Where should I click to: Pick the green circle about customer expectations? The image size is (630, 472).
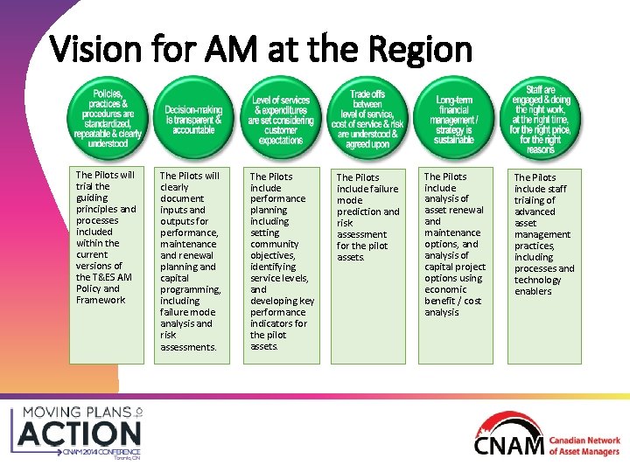point(280,119)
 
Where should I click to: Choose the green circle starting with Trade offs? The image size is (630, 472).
point(367,119)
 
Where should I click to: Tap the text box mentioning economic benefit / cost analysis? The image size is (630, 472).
point(454,244)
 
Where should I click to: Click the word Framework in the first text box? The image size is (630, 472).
point(101,300)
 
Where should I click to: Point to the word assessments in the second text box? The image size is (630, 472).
point(187,347)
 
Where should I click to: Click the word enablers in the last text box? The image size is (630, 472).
point(533,292)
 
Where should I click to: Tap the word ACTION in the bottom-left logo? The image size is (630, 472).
point(80,433)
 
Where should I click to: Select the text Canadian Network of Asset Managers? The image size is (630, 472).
point(584,447)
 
